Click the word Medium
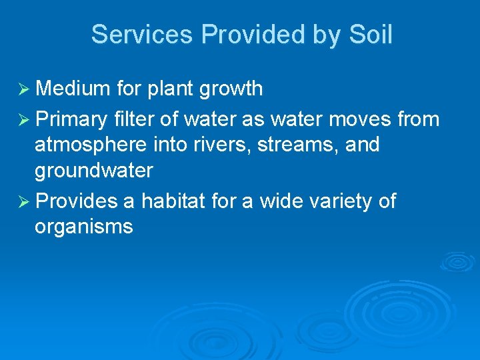pos(73,88)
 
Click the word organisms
pos(84,227)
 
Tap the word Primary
pos(71,119)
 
